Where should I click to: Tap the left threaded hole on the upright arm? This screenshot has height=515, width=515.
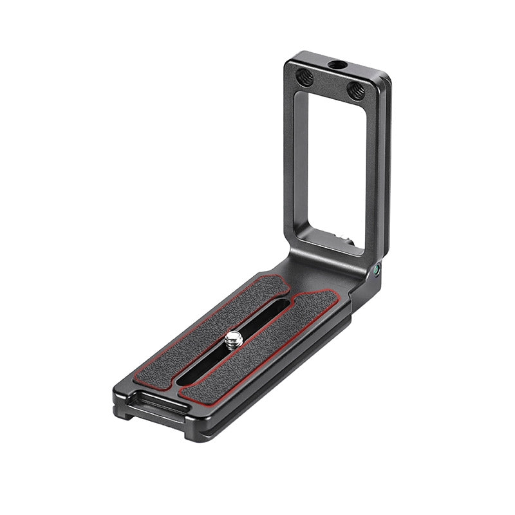[304, 78]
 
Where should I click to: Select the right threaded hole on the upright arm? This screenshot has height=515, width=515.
[356, 91]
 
